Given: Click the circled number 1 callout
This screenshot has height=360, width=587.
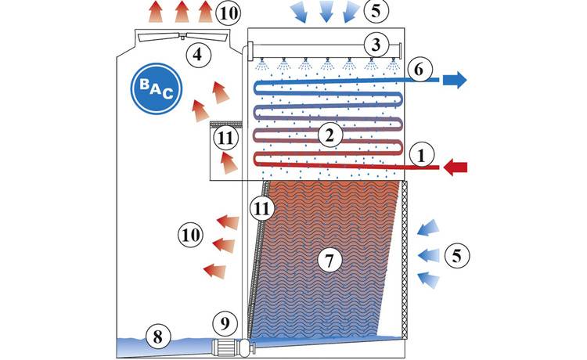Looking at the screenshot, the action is [422, 155].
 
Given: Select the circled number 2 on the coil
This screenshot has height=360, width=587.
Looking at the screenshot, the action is [329, 135].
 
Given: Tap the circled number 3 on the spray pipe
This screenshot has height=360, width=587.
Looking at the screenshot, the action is [376, 45].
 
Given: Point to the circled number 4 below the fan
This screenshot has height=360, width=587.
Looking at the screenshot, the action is [197, 55].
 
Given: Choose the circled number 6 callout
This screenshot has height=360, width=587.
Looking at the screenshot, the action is [419, 69].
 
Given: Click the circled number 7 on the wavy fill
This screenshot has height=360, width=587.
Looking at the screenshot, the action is [329, 261].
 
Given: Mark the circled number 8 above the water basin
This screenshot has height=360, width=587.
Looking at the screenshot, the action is [158, 336].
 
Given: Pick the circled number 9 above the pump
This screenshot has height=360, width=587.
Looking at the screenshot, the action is [225, 324].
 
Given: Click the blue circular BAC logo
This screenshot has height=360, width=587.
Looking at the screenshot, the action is [156, 88].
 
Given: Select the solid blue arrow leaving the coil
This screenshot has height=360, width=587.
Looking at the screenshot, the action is [455, 80].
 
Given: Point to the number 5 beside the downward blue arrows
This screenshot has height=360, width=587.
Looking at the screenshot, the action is [376, 11].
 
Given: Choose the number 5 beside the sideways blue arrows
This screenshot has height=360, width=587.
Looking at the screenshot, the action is [457, 256].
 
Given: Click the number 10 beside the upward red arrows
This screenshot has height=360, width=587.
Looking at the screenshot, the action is [229, 13].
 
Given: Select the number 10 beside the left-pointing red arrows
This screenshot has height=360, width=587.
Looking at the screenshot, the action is [190, 235].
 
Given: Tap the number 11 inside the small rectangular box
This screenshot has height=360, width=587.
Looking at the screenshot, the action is [225, 138].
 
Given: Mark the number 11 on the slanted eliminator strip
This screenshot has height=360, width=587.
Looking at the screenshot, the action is [261, 208].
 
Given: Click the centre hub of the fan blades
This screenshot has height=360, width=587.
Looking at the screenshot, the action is [182, 36].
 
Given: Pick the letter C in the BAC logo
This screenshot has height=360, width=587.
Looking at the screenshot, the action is [168, 93].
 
